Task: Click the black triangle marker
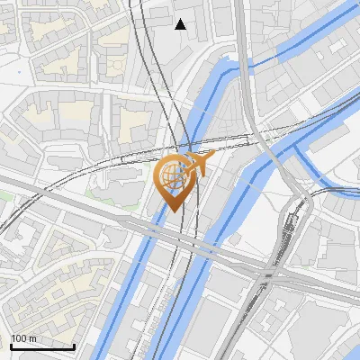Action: coord(181,24)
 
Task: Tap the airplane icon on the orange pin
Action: coord(200,163)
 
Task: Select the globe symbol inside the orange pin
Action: coord(174,175)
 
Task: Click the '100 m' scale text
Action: coord(23,338)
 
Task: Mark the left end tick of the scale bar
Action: coord(10,346)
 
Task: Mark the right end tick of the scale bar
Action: coord(74,346)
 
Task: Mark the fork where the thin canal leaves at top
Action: coord(244,66)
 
